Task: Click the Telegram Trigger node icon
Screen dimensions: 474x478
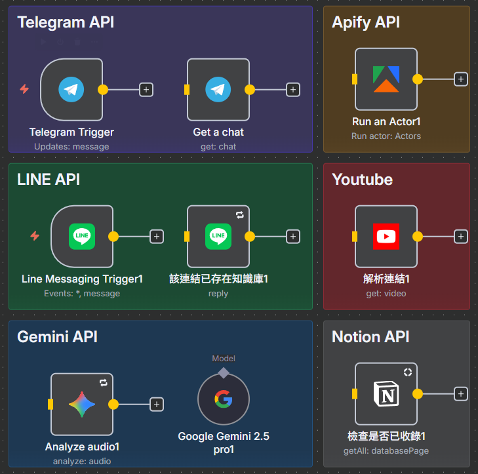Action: [x=71, y=90]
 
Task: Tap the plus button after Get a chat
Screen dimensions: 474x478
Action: [x=293, y=90]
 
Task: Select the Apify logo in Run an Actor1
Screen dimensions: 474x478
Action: [x=386, y=79]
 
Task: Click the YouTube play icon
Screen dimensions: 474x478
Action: [x=386, y=237]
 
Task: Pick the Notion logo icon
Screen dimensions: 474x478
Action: [x=386, y=394]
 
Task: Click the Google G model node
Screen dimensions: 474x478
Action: [x=224, y=399]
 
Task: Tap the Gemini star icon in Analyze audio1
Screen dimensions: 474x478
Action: [x=82, y=405]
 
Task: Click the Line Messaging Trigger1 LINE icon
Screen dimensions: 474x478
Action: [x=82, y=237]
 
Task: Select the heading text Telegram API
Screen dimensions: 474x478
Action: [x=66, y=22]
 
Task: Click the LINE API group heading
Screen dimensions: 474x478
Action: [x=49, y=180]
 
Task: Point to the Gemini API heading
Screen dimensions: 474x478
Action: [x=57, y=337]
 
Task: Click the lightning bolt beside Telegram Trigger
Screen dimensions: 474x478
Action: [x=24, y=89]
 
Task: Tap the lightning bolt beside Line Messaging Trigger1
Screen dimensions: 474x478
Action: [x=35, y=236]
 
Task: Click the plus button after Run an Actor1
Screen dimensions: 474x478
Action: [x=461, y=79]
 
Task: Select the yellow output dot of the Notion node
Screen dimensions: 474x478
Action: [x=417, y=394]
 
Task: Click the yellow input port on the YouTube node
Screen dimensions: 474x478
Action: [x=354, y=237]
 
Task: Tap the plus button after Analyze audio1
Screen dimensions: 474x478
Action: [x=157, y=405]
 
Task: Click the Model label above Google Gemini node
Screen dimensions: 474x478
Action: [x=224, y=359]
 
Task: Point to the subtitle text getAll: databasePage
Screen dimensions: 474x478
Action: [x=386, y=451]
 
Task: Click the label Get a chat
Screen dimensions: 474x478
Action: [x=218, y=132]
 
